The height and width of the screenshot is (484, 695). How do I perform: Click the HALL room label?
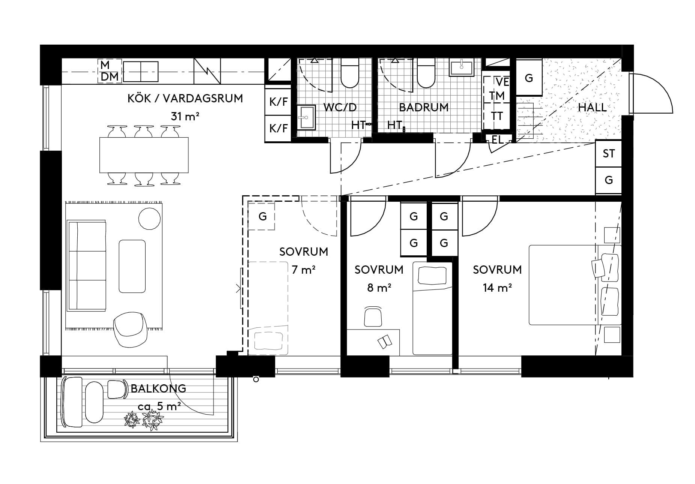tap(592, 108)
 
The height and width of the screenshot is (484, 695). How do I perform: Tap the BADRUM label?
tap(424, 108)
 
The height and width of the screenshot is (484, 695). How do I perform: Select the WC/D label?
tap(340, 108)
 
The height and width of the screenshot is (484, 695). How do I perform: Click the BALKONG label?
tap(158, 388)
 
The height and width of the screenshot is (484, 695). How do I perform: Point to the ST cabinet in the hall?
tap(608, 153)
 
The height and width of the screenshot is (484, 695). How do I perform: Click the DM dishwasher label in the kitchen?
tap(110, 77)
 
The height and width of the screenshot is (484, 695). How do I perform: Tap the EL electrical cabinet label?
tap(497, 140)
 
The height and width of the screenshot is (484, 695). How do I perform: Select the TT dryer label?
tap(497, 116)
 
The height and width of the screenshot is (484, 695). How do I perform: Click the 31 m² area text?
tap(185, 116)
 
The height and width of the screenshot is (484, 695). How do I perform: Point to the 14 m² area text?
tap(497, 288)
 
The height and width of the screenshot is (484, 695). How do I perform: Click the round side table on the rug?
tap(150, 218)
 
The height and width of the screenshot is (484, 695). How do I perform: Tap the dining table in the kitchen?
tap(144, 155)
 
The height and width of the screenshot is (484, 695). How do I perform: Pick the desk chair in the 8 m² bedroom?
tap(373, 316)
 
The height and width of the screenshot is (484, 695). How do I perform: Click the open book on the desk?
tap(385, 342)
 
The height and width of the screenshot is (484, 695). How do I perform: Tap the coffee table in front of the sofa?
tap(132, 266)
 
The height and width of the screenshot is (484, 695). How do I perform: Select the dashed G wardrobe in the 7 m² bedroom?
tap(262, 216)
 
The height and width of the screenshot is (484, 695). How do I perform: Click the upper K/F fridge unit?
tap(278, 102)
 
